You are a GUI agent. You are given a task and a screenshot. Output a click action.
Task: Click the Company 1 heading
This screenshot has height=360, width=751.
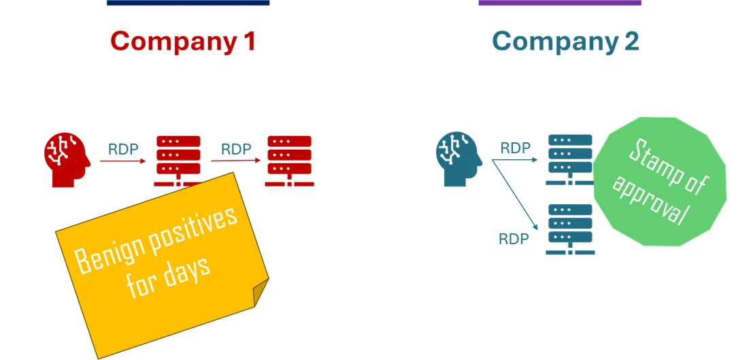(183, 42)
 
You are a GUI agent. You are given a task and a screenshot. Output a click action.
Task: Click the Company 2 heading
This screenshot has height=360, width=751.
(565, 42)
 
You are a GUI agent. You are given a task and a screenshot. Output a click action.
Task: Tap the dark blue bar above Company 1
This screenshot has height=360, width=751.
(188, 3)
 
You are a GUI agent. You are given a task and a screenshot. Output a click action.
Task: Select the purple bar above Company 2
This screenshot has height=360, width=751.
(559, 3)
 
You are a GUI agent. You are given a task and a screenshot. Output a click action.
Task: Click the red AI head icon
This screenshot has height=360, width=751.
(67, 159)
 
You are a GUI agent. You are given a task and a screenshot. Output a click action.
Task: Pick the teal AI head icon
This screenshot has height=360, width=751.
(458, 159)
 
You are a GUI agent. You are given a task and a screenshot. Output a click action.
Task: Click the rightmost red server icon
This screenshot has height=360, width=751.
(289, 161)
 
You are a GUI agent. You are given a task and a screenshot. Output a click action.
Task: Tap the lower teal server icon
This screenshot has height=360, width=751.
(570, 228)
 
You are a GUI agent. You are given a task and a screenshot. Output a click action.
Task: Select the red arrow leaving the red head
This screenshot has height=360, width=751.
(122, 161)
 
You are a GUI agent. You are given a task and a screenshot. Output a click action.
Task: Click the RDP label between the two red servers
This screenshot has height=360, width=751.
(236, 149)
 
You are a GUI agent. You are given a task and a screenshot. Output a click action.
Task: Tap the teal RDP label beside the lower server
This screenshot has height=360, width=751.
(514, 240)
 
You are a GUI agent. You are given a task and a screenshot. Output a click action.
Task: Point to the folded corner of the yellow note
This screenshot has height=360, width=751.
(261, 293)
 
